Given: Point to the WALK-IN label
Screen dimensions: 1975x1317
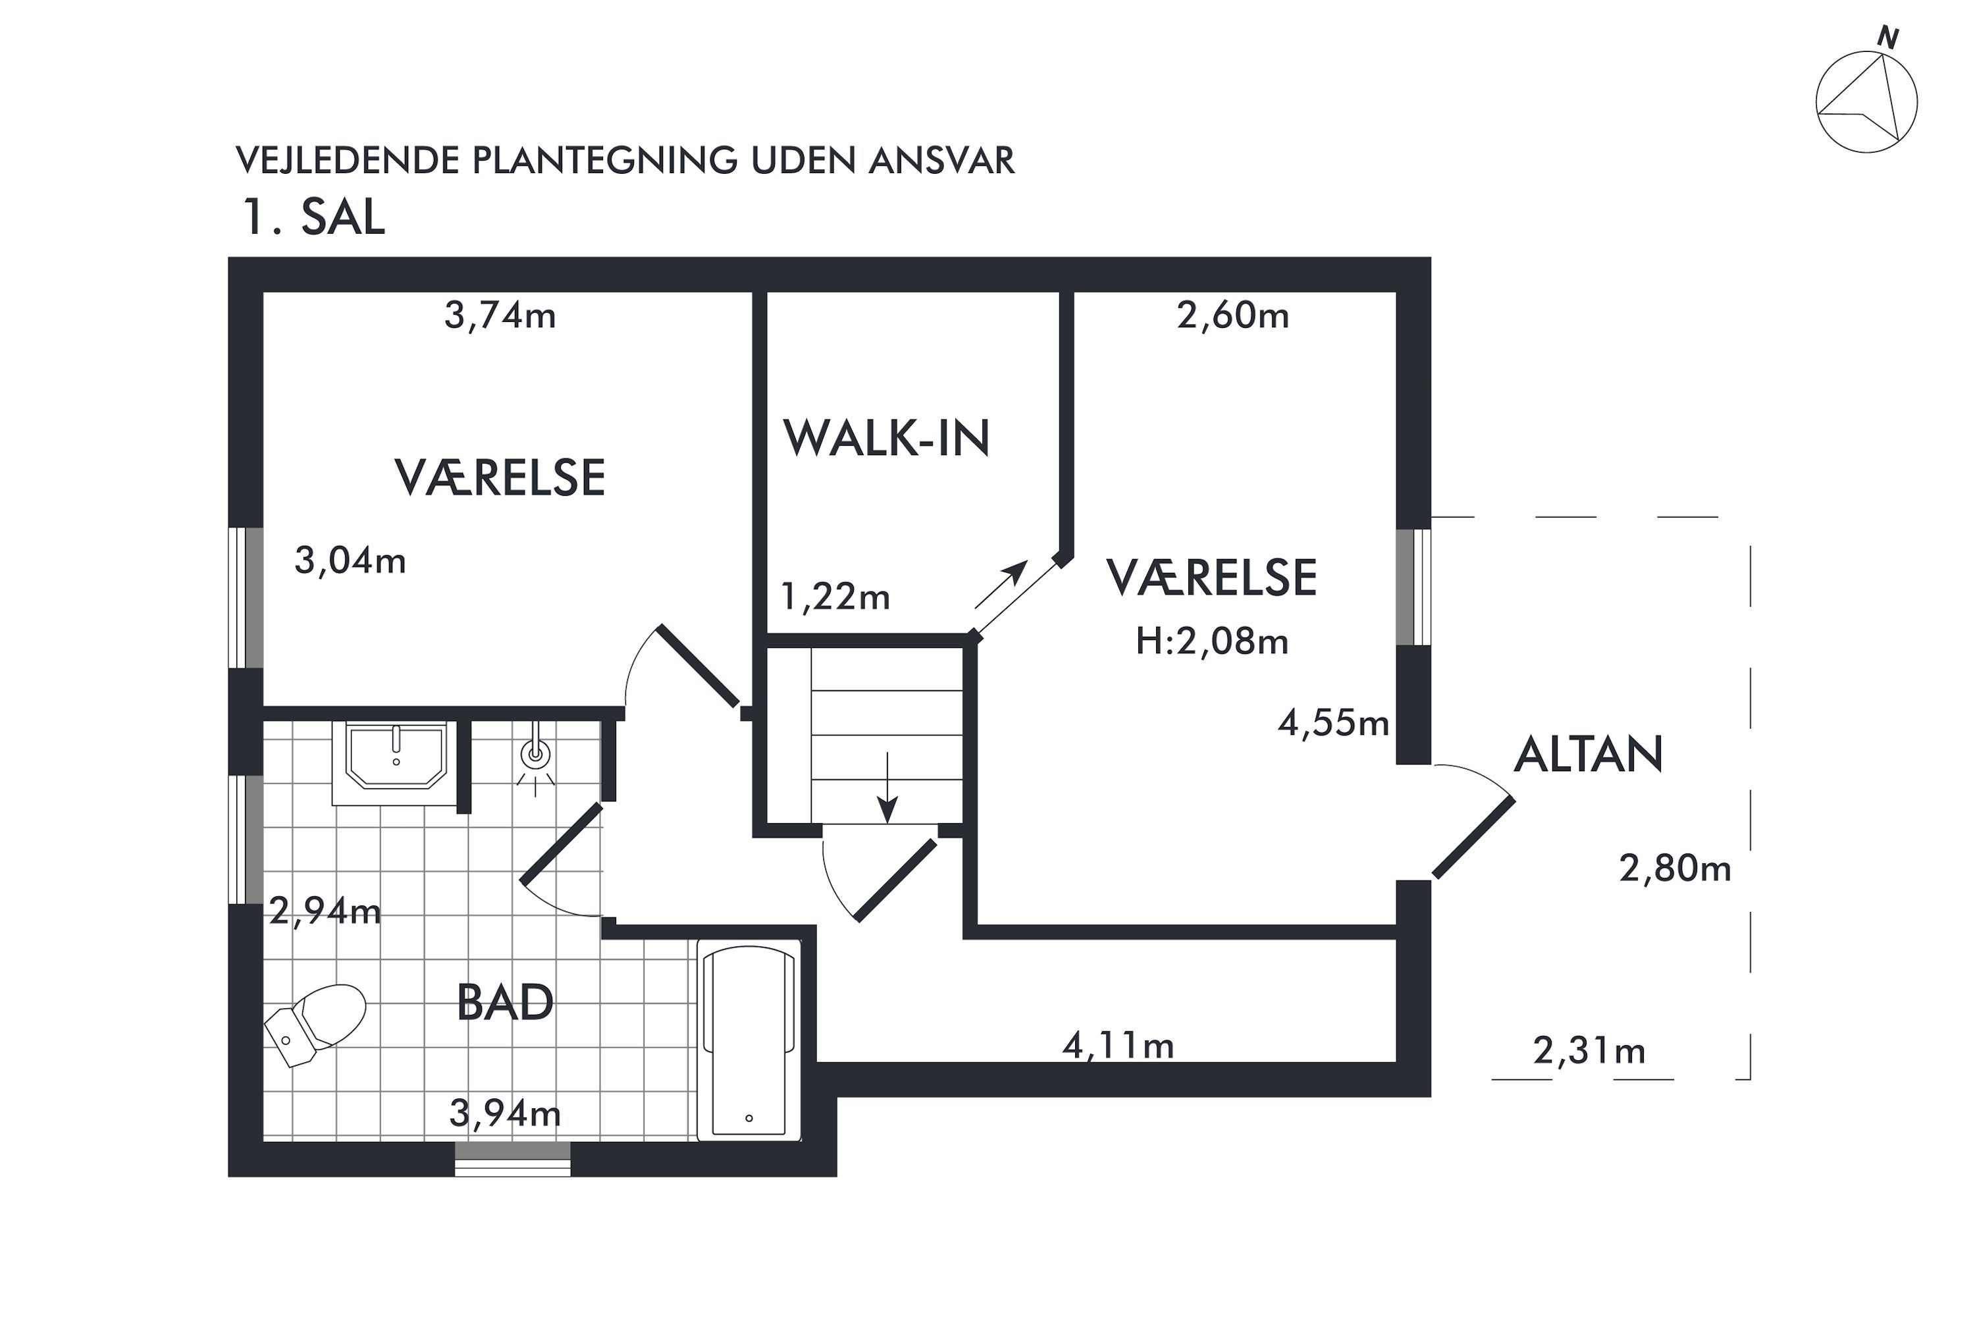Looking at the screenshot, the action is pos(887,438).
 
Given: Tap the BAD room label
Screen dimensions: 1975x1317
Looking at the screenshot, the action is pos(505,1002).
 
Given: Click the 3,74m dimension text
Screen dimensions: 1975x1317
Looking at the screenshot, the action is pos(500,316).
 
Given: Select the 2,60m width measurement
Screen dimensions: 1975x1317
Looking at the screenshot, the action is pos(1232,316).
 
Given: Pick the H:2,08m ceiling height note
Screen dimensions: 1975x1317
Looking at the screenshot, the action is pos(1212,641).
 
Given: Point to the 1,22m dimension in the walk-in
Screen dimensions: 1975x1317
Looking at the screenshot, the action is pos(835,597).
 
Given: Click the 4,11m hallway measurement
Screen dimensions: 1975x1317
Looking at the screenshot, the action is pos(1118,1046).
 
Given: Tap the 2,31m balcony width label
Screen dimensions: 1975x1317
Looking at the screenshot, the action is pos(1589,1051).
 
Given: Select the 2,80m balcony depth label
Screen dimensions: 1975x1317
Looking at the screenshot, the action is pos(1675,869).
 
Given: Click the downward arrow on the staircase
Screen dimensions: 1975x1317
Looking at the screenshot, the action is pos(887,788).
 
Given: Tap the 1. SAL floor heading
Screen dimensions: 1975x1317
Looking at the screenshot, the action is pos(313,217).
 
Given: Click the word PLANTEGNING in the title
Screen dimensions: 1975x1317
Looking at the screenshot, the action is pos(604,161).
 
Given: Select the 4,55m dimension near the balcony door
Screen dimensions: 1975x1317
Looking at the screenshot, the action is pos(1332,723).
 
